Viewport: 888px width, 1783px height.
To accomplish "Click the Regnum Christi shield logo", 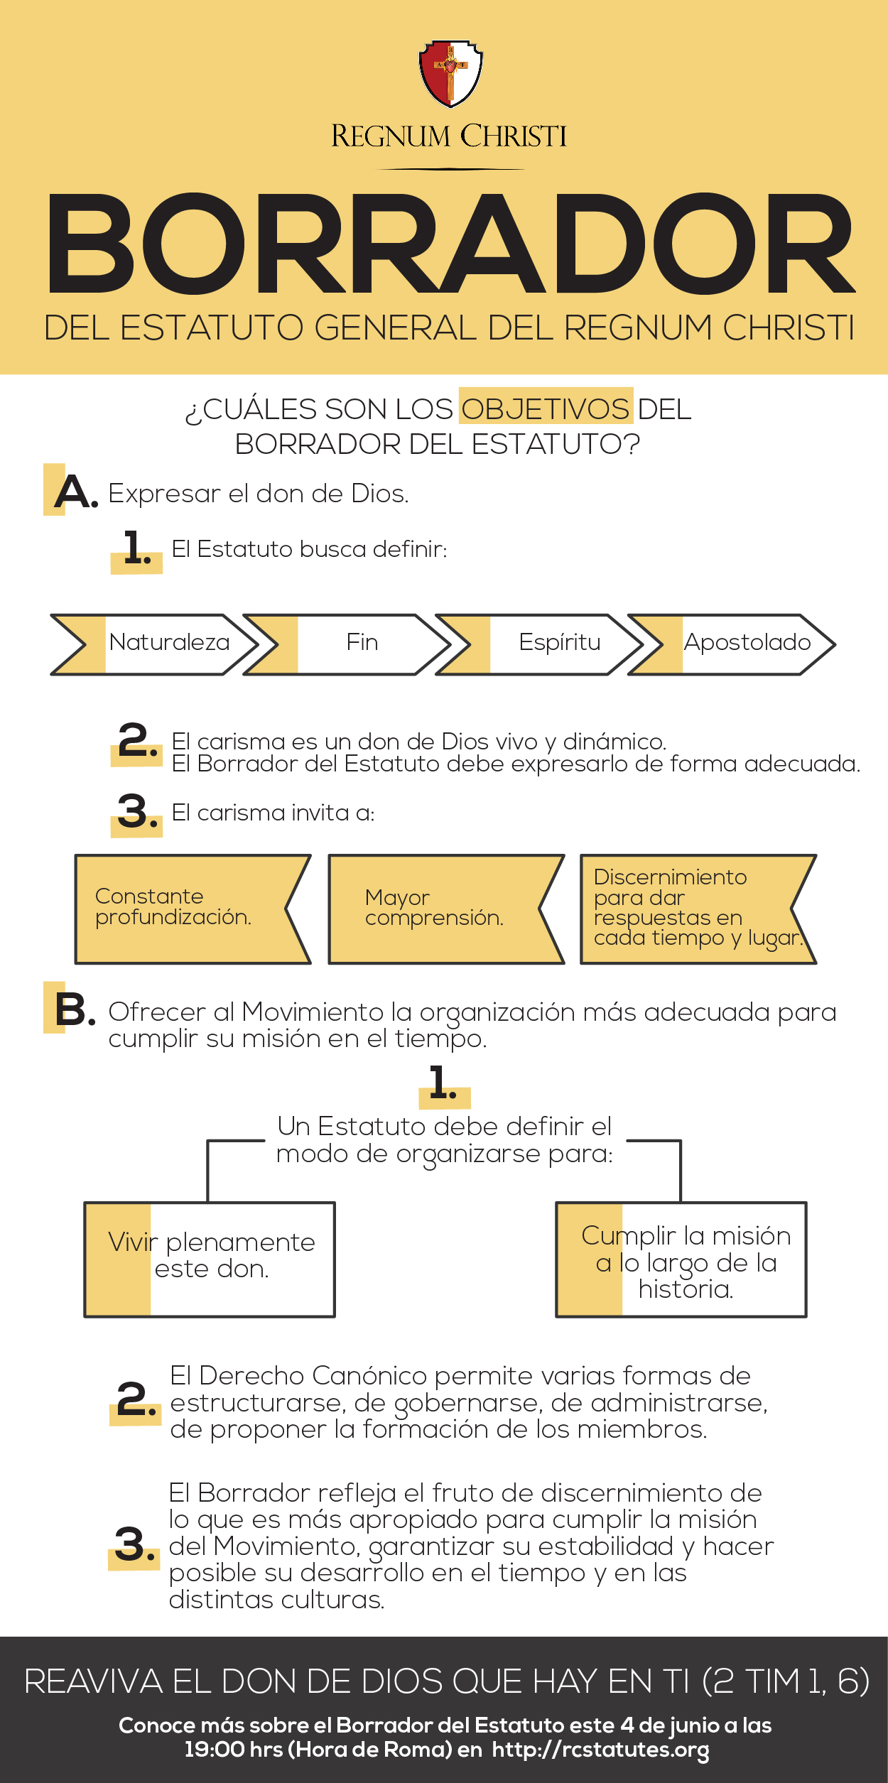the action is coord(450,73).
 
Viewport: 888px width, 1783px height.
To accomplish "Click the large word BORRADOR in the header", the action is coord(450,244).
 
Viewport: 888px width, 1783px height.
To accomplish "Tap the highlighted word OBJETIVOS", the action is coord(546,409).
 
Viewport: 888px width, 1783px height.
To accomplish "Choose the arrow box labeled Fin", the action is coord(347,644).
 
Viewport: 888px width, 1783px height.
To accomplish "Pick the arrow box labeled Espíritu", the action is coord(540,644).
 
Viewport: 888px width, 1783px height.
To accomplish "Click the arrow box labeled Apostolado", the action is coord(732,644).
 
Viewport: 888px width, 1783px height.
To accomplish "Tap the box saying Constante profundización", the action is coord(193,909).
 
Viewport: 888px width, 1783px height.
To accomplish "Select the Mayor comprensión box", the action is coord(446,909).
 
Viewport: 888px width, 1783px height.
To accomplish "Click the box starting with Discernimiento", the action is coord(698,909).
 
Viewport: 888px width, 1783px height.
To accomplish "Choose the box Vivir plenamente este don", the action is coord(210,1259).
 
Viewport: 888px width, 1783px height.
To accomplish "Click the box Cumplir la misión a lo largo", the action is coord(681,1259).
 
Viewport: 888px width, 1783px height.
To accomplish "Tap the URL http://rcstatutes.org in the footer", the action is coord(600,1750).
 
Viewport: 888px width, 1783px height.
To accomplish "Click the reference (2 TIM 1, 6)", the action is coord(786,1681).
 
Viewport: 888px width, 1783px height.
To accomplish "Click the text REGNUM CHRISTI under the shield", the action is coord(449,136).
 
